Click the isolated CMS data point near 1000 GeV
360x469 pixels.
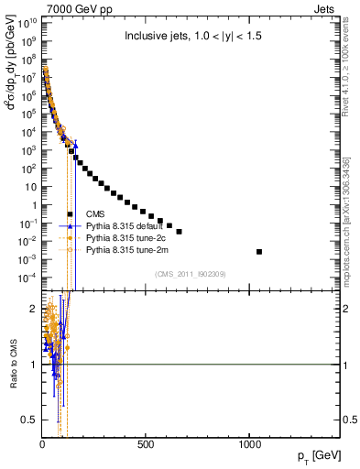coord(259,252)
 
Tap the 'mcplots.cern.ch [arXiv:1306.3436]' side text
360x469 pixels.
coord(351,215)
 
